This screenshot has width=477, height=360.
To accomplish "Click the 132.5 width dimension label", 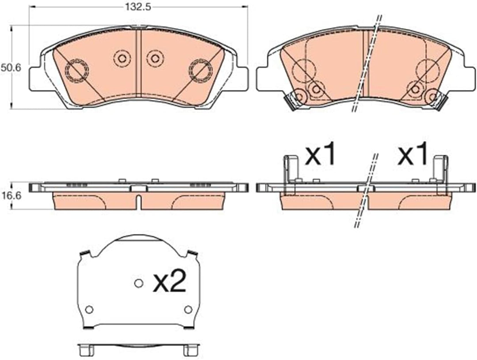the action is click(x=138, y=7).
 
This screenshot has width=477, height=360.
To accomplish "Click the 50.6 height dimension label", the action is click(x=11, y=68).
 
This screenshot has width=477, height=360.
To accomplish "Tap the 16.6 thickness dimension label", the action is click(x=11, y=196).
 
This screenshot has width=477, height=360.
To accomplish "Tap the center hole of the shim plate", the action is click(x=138, y=283).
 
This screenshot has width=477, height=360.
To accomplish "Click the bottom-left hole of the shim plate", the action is click(x=89, y=310).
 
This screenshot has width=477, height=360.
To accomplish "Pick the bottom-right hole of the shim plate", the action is click(x=188, y=310).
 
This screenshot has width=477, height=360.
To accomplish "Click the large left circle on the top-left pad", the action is click(x=77, y=71).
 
